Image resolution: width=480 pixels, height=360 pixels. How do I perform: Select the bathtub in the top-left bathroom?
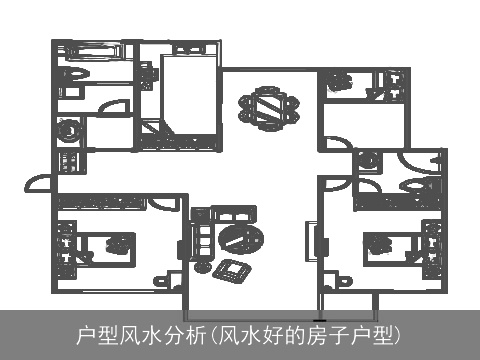click(75, 50)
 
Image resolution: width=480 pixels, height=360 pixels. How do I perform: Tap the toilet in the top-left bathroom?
click(72, 77)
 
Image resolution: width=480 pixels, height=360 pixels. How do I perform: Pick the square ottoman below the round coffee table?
click(233, 269)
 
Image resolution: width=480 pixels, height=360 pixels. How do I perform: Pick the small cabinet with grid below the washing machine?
click(69, 161)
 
